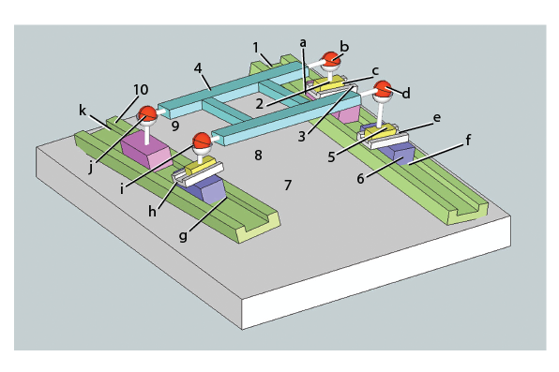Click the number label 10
click(x=142, y=90)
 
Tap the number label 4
click(x=198, y=68)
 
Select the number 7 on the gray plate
click(x=288, y=185)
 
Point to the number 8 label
click(x=258, y=155)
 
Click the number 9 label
click(x=175, y=126)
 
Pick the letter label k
click(x=83, y=111)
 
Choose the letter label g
click(x=183, y=236)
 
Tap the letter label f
click(x=468, y=140)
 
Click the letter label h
click(x=152, y=212)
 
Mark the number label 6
click(x=361, y=179)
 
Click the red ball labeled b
click(x=331, y=59)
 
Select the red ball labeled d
click(x=383, y=89)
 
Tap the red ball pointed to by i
click(x=202, y=141)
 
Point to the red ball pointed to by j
click(x=147, y=113)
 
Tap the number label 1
click(x=256, y=48)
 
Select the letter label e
click(x=437, y=117)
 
